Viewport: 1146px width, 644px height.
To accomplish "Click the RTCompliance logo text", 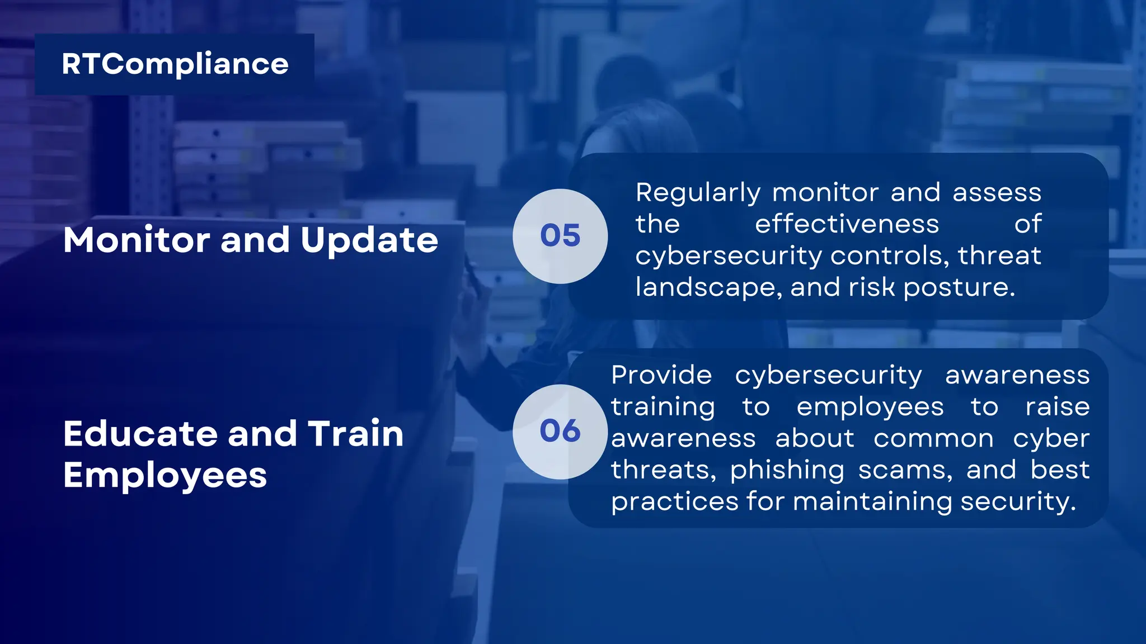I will pos(175,64).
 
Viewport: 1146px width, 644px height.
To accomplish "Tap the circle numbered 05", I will pos(560,236).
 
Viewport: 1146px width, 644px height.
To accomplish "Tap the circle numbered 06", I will pos(560,431).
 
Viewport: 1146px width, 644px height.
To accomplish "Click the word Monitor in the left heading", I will pos(137,240).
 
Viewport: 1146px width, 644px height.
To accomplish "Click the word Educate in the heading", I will pos(140,434).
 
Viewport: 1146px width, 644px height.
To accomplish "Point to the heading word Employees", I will pos(165,476).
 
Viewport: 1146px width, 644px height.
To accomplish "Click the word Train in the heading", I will pos(356,434).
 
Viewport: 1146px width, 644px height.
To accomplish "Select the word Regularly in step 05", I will pos(697,193).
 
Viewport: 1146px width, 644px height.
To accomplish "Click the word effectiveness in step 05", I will pos(847,225).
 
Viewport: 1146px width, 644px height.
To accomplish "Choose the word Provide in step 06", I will pos(661,375).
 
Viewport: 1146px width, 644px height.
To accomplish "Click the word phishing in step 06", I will pos(787,471).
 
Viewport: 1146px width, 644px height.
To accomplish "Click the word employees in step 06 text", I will pos(870,408).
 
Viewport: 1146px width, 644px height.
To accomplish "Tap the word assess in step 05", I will pos(997,193).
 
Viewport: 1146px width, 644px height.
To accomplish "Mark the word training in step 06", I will pos(663,408).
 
